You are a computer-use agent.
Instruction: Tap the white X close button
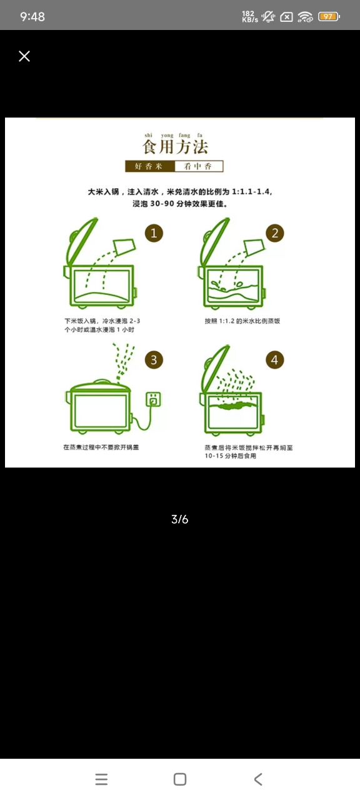[x=24, y=56]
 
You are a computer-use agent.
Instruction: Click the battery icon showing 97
[x=329, y=16]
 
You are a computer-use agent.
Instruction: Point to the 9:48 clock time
[x=32, y=16]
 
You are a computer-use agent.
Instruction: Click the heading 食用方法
[x=175, y=147]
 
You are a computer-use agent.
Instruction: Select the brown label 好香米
[x=149, y=166]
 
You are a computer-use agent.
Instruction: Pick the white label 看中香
[x=199, y=166]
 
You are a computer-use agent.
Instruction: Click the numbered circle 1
[x=154, y=233]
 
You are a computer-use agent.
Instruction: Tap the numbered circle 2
[x=274, y=233]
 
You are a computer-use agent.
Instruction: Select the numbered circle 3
[x=154, y=359]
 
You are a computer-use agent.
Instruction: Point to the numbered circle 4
[x=274, y=359]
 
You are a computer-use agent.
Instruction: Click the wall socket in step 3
[x=154, y=399]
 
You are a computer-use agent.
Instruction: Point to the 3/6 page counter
[x=179, y=519]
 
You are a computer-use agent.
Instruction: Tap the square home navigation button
[x=180, y=779]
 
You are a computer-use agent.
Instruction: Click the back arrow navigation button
[x=258, y=779]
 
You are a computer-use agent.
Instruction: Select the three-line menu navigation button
[x=101, y=779]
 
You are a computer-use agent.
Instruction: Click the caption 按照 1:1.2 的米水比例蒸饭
[x=242, y=321]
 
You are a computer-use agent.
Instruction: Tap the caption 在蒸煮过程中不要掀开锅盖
[x=101, y=447]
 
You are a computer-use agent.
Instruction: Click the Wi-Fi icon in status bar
[x=306, y=16]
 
